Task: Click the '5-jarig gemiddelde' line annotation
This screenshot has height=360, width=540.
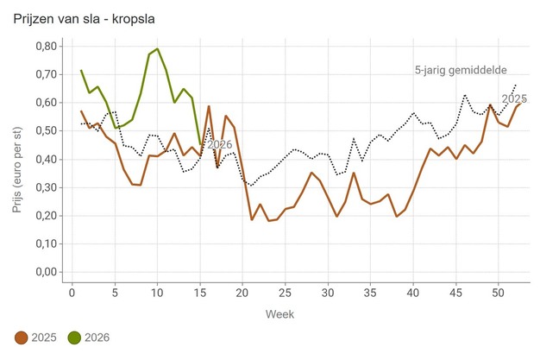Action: point(460,70)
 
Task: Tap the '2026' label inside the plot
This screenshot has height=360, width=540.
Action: point(220,144)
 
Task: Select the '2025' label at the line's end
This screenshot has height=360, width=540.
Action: point(514,98)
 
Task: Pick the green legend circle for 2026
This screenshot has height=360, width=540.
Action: point(74,337)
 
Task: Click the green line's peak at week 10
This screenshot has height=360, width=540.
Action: point(157,48)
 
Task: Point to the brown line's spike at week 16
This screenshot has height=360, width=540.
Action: point(209,106)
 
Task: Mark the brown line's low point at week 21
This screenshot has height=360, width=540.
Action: point(252,219)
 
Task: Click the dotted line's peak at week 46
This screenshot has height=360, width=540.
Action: point(465,95)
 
